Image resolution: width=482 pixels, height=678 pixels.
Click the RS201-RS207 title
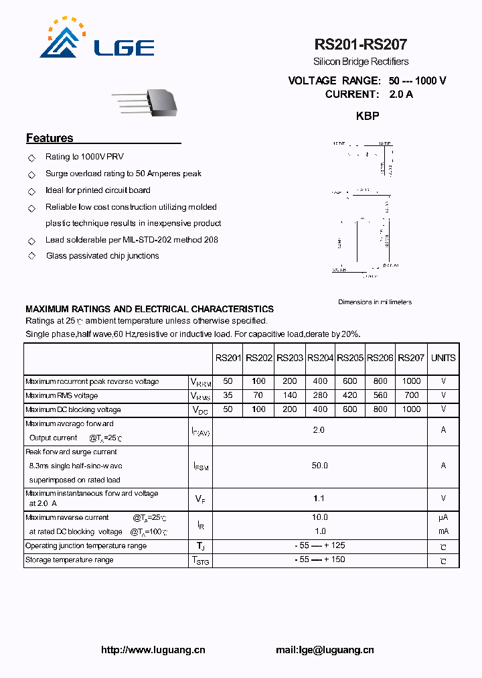click(x=360, y=45)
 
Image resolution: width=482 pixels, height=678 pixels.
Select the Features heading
click(x=50, y=139)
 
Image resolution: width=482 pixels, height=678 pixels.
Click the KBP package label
click(x=368, y=116)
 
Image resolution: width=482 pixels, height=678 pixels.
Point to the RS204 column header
click(x=320, y=358)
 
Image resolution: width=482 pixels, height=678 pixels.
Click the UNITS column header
click(x=443, y=358)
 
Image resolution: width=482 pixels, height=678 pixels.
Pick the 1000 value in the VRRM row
click(x=411, y=381)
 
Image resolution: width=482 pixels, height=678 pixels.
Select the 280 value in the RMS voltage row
click(x=320, y=395)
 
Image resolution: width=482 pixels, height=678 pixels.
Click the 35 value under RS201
click(x=228, y=395)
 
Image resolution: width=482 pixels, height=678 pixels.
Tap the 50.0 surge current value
click(x=319, y=466)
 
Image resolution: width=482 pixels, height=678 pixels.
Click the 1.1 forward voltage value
click(x=319, y=498)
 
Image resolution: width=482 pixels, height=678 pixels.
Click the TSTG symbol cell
click(x=200, y=561)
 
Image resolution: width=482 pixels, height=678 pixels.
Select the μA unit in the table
click(x=443, y=517)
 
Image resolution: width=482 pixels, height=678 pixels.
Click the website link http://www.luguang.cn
click(x=153, y=650)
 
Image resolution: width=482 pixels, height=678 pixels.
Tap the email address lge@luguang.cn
click(x=325, y=650)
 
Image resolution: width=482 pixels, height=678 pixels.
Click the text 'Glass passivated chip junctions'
click(x=102, y=256)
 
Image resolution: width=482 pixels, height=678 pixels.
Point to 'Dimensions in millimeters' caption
click(x=375, y=302)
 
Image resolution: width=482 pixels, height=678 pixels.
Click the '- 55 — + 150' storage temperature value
click(x=319, y=559)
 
